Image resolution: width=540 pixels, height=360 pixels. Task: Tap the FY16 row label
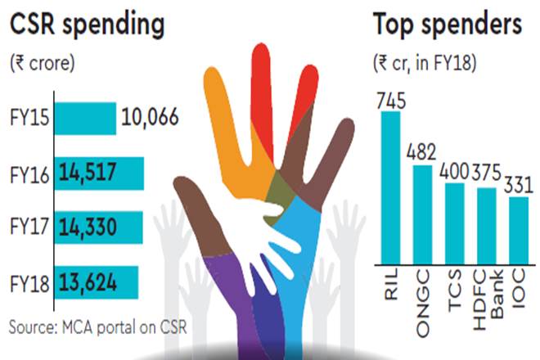coord(29,175)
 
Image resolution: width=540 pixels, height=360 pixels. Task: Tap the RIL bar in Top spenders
coord(390,188)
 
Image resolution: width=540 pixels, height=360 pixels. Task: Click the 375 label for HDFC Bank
coord(486,178)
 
